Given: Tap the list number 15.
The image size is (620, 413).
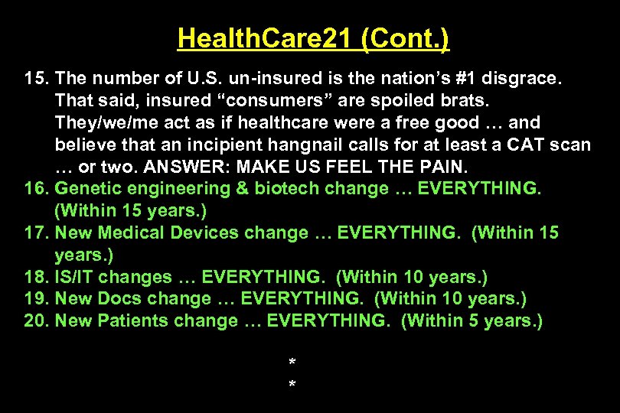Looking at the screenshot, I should tap(36, 78).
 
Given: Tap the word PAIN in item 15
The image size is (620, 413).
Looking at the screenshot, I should tap(442, 167).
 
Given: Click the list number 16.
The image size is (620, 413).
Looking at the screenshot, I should tap(36, 189).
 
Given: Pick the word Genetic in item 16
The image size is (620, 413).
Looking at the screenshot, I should tap(86, 189).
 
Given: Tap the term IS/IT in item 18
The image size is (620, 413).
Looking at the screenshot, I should tap(77, 277).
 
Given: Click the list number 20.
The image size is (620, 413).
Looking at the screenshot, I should tap(36, 321).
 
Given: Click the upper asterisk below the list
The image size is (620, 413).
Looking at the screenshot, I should tap(292, 361).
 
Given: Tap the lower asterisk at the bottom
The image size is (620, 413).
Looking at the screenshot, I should tap(292, 382).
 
